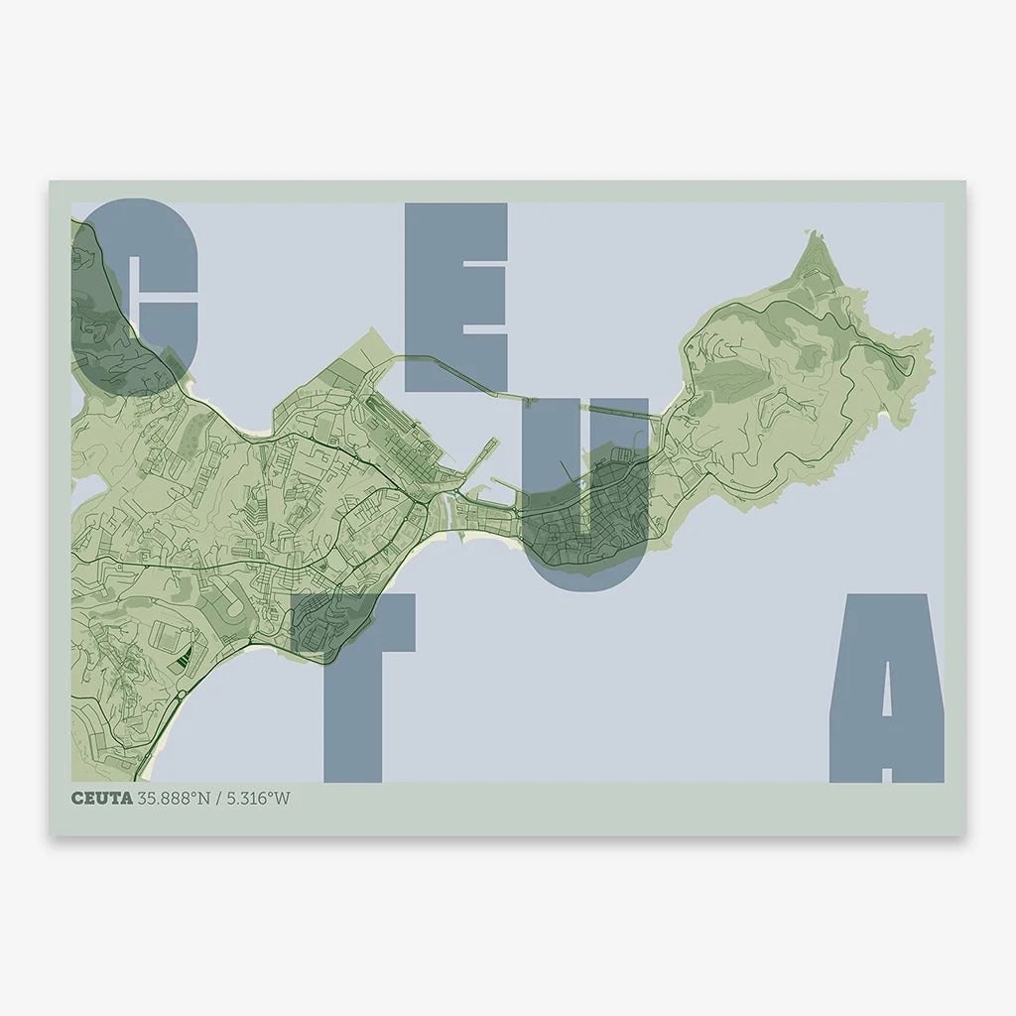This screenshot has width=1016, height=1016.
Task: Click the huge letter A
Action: (886, 695)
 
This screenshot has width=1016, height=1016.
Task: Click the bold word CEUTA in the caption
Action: (100, 798)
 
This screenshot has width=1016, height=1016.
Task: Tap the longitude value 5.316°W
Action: (259, 798)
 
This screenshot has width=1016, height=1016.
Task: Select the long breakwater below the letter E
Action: (466, 373)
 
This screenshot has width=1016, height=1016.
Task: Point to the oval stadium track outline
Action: (226, 596)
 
